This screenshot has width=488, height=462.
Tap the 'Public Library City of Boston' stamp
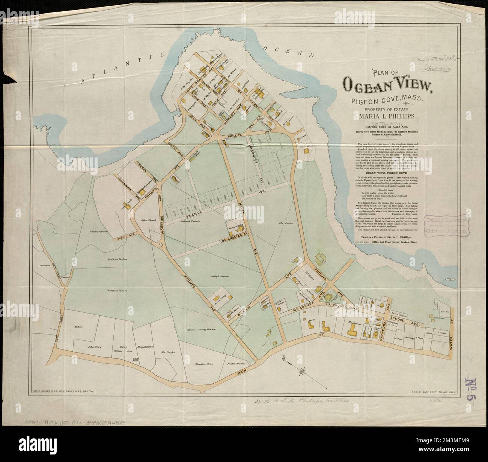pyautogui.click(x=447, y=226)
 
